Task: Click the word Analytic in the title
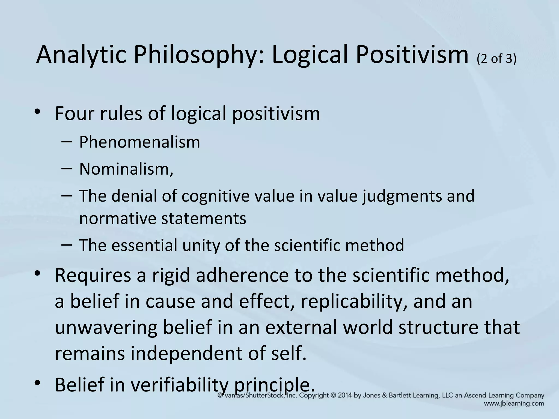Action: coord(81,55)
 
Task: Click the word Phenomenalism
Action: coord(139,142)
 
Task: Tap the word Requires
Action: coord(93,276)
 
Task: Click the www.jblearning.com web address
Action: coord(514,403)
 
